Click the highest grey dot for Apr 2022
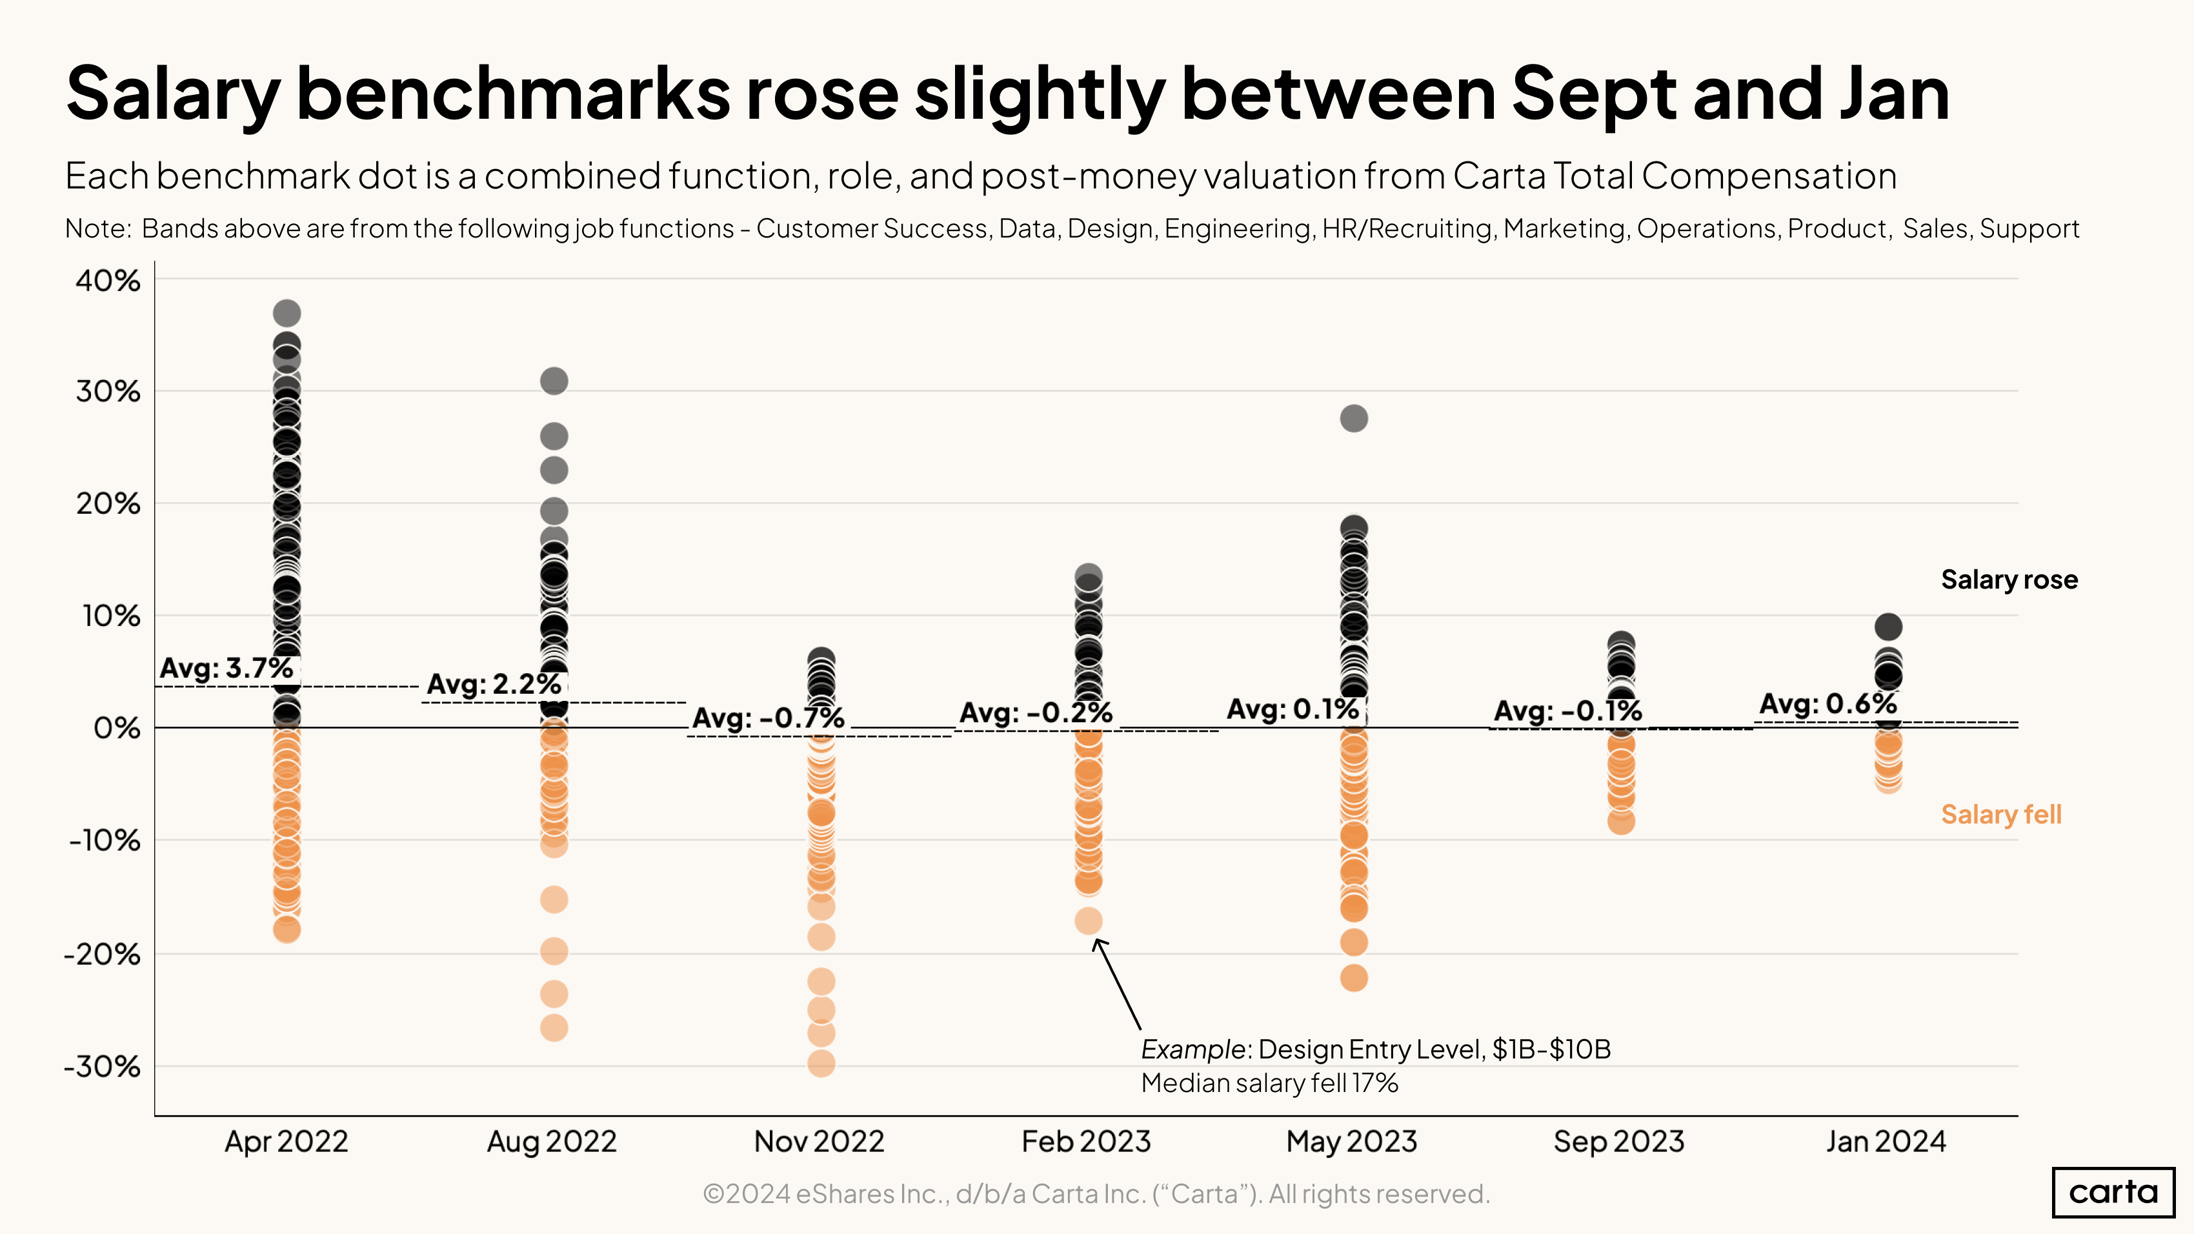286,314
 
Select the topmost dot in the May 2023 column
1353,418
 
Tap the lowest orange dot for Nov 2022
820,1063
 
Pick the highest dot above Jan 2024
1887,627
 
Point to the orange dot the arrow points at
1087,920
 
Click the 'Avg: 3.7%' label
226,668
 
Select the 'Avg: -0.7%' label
767,718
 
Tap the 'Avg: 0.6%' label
1827,704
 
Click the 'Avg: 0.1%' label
1292,709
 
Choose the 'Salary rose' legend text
2008,580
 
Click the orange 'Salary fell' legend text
2000,815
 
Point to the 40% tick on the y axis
108,280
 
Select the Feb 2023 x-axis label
1086,1141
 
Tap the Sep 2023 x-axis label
1618,1141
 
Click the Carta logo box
2112,1191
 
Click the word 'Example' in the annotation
1193,1049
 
